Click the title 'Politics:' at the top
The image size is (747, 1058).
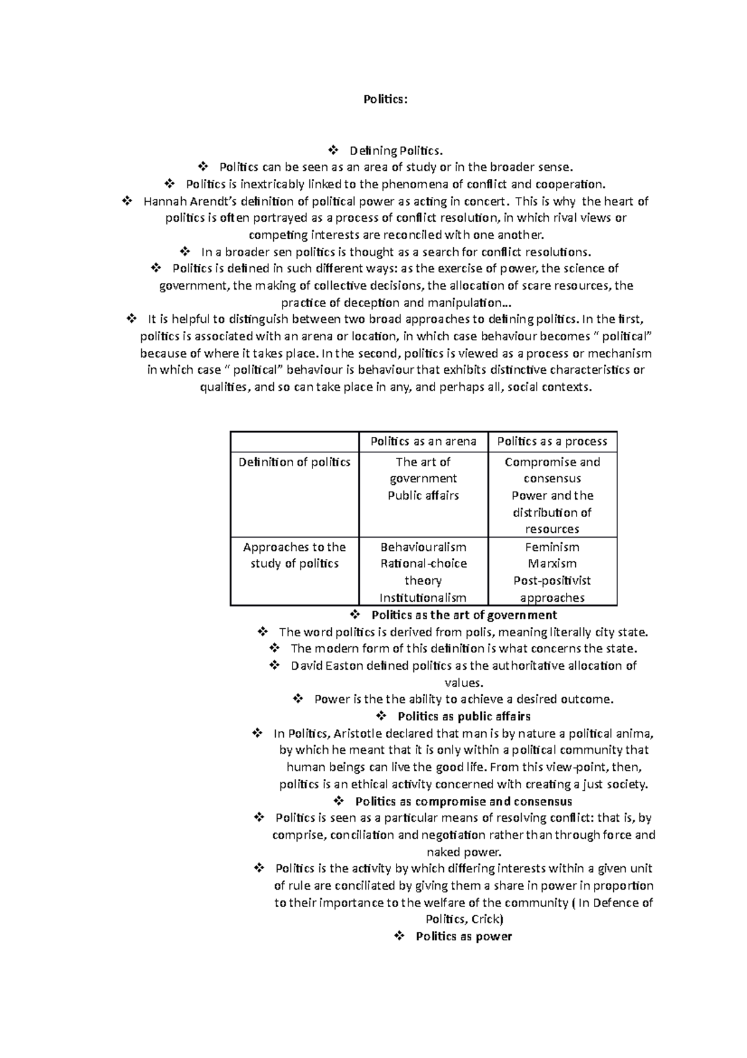385,99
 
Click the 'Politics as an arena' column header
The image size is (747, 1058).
423,441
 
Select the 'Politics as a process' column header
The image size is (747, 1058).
552,441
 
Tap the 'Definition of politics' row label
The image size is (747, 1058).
294,462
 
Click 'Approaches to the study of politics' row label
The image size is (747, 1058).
294,555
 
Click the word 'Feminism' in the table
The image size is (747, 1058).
552,547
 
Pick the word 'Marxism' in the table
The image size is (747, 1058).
552,564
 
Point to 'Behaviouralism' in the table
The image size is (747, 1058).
423,547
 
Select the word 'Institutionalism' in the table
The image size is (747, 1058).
423,598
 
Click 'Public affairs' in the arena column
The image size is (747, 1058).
423,495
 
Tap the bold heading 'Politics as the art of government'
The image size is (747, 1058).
464,615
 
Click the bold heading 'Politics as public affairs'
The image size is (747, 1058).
464,717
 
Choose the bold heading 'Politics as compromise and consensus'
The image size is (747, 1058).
463,801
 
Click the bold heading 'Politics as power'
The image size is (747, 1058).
464,936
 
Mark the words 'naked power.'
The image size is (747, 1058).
464,852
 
